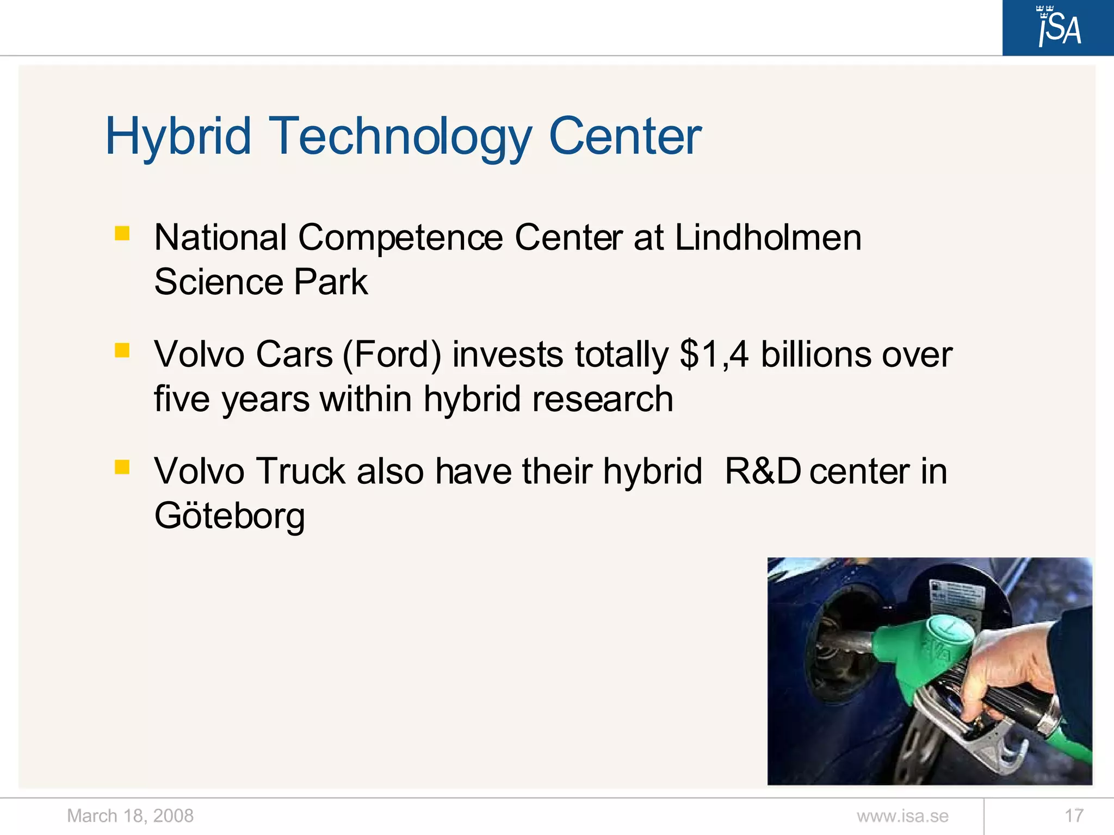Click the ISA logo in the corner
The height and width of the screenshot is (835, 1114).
1058,27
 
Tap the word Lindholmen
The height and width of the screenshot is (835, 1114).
768,238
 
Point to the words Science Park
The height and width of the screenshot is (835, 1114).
261,282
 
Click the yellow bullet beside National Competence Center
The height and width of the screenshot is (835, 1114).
122,233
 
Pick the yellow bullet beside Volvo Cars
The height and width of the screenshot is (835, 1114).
122,350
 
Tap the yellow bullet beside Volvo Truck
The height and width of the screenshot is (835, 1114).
122,466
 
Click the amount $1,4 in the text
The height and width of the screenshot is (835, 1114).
714,354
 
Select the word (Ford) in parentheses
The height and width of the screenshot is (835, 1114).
392,354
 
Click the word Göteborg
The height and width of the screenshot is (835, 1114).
229,515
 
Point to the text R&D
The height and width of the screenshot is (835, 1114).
763,471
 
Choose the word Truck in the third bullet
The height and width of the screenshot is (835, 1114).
301,471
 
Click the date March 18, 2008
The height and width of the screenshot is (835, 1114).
130,815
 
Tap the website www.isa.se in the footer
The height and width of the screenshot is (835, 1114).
902,815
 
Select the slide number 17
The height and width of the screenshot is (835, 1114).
1074,815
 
